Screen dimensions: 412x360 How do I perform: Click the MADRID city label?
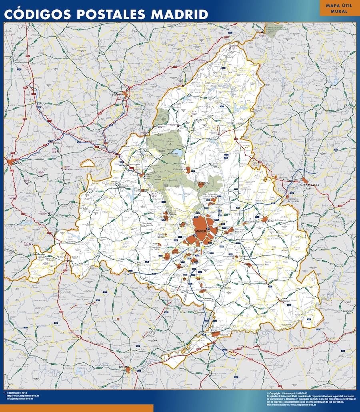click(x=201, y=231)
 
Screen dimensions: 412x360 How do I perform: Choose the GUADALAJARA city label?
click(x=311, y=186)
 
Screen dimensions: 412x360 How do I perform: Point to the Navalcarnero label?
click(x=144, y=265)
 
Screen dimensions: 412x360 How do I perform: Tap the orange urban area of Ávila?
click(x=10, y=162)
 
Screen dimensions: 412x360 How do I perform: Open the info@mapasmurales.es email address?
click(x=20, y=399)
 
